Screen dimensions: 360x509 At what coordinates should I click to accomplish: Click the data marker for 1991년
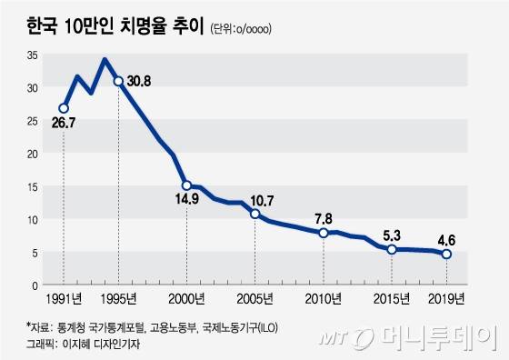pos(64,108)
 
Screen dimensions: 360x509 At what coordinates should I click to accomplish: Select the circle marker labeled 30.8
pos(118,81)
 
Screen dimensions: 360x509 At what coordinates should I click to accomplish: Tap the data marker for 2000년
pos(186,185)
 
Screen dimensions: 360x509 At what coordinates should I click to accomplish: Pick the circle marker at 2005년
pos(254,214)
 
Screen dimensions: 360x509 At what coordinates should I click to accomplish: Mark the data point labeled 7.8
pos(323,233)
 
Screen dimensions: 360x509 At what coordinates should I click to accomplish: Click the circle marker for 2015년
pos(391,249)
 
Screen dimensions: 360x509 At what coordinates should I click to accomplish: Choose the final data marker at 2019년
pos(445,254)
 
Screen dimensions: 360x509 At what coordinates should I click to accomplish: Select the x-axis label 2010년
pos(323,298)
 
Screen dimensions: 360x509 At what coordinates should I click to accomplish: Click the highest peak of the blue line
pos(105,59)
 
